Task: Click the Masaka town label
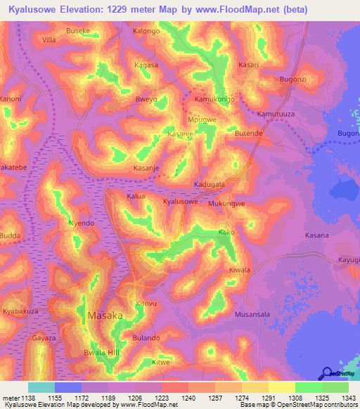point(105,316)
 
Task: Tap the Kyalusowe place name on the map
point(180,202)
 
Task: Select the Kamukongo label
point(214,100)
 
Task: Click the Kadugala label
point(210,184)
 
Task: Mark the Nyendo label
point(80,223)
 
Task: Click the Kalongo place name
point(146,32)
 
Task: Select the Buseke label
point(77,32)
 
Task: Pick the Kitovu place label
point(146,303)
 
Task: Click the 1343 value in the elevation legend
point(337,398)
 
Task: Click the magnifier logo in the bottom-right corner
point(327,374)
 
